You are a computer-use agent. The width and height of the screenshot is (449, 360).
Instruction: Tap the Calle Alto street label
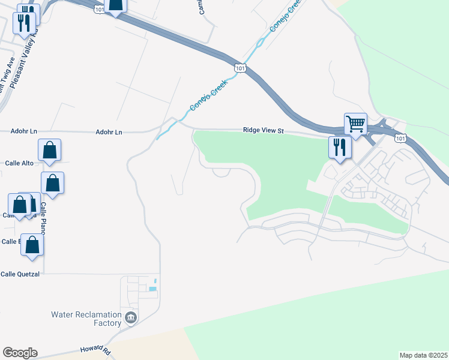(x=20, y=163)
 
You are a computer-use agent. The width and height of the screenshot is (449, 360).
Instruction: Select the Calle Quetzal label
(x=20, y=274)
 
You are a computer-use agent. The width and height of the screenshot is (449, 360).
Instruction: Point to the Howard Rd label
(x=95, y=349)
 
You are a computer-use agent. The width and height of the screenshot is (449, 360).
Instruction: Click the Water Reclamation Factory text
(x=86, y=319)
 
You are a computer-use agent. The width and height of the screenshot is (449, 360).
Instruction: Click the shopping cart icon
(x=355, y=124)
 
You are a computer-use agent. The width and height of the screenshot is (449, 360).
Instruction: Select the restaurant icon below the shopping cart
(x=340, y=146)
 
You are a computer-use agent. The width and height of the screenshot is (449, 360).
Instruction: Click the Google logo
(x=20, y=353)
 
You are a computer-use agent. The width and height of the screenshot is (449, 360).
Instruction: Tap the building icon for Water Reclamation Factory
(x=130, y=317)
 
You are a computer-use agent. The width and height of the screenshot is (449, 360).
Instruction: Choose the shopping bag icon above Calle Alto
(x=49, y=150)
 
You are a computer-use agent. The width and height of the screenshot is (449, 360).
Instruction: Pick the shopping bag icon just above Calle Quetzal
(x=32, y=244)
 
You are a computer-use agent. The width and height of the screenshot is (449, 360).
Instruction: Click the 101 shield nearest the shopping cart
(x=400, y=139)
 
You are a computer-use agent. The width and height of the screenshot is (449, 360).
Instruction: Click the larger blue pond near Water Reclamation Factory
(x=152, y=289)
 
